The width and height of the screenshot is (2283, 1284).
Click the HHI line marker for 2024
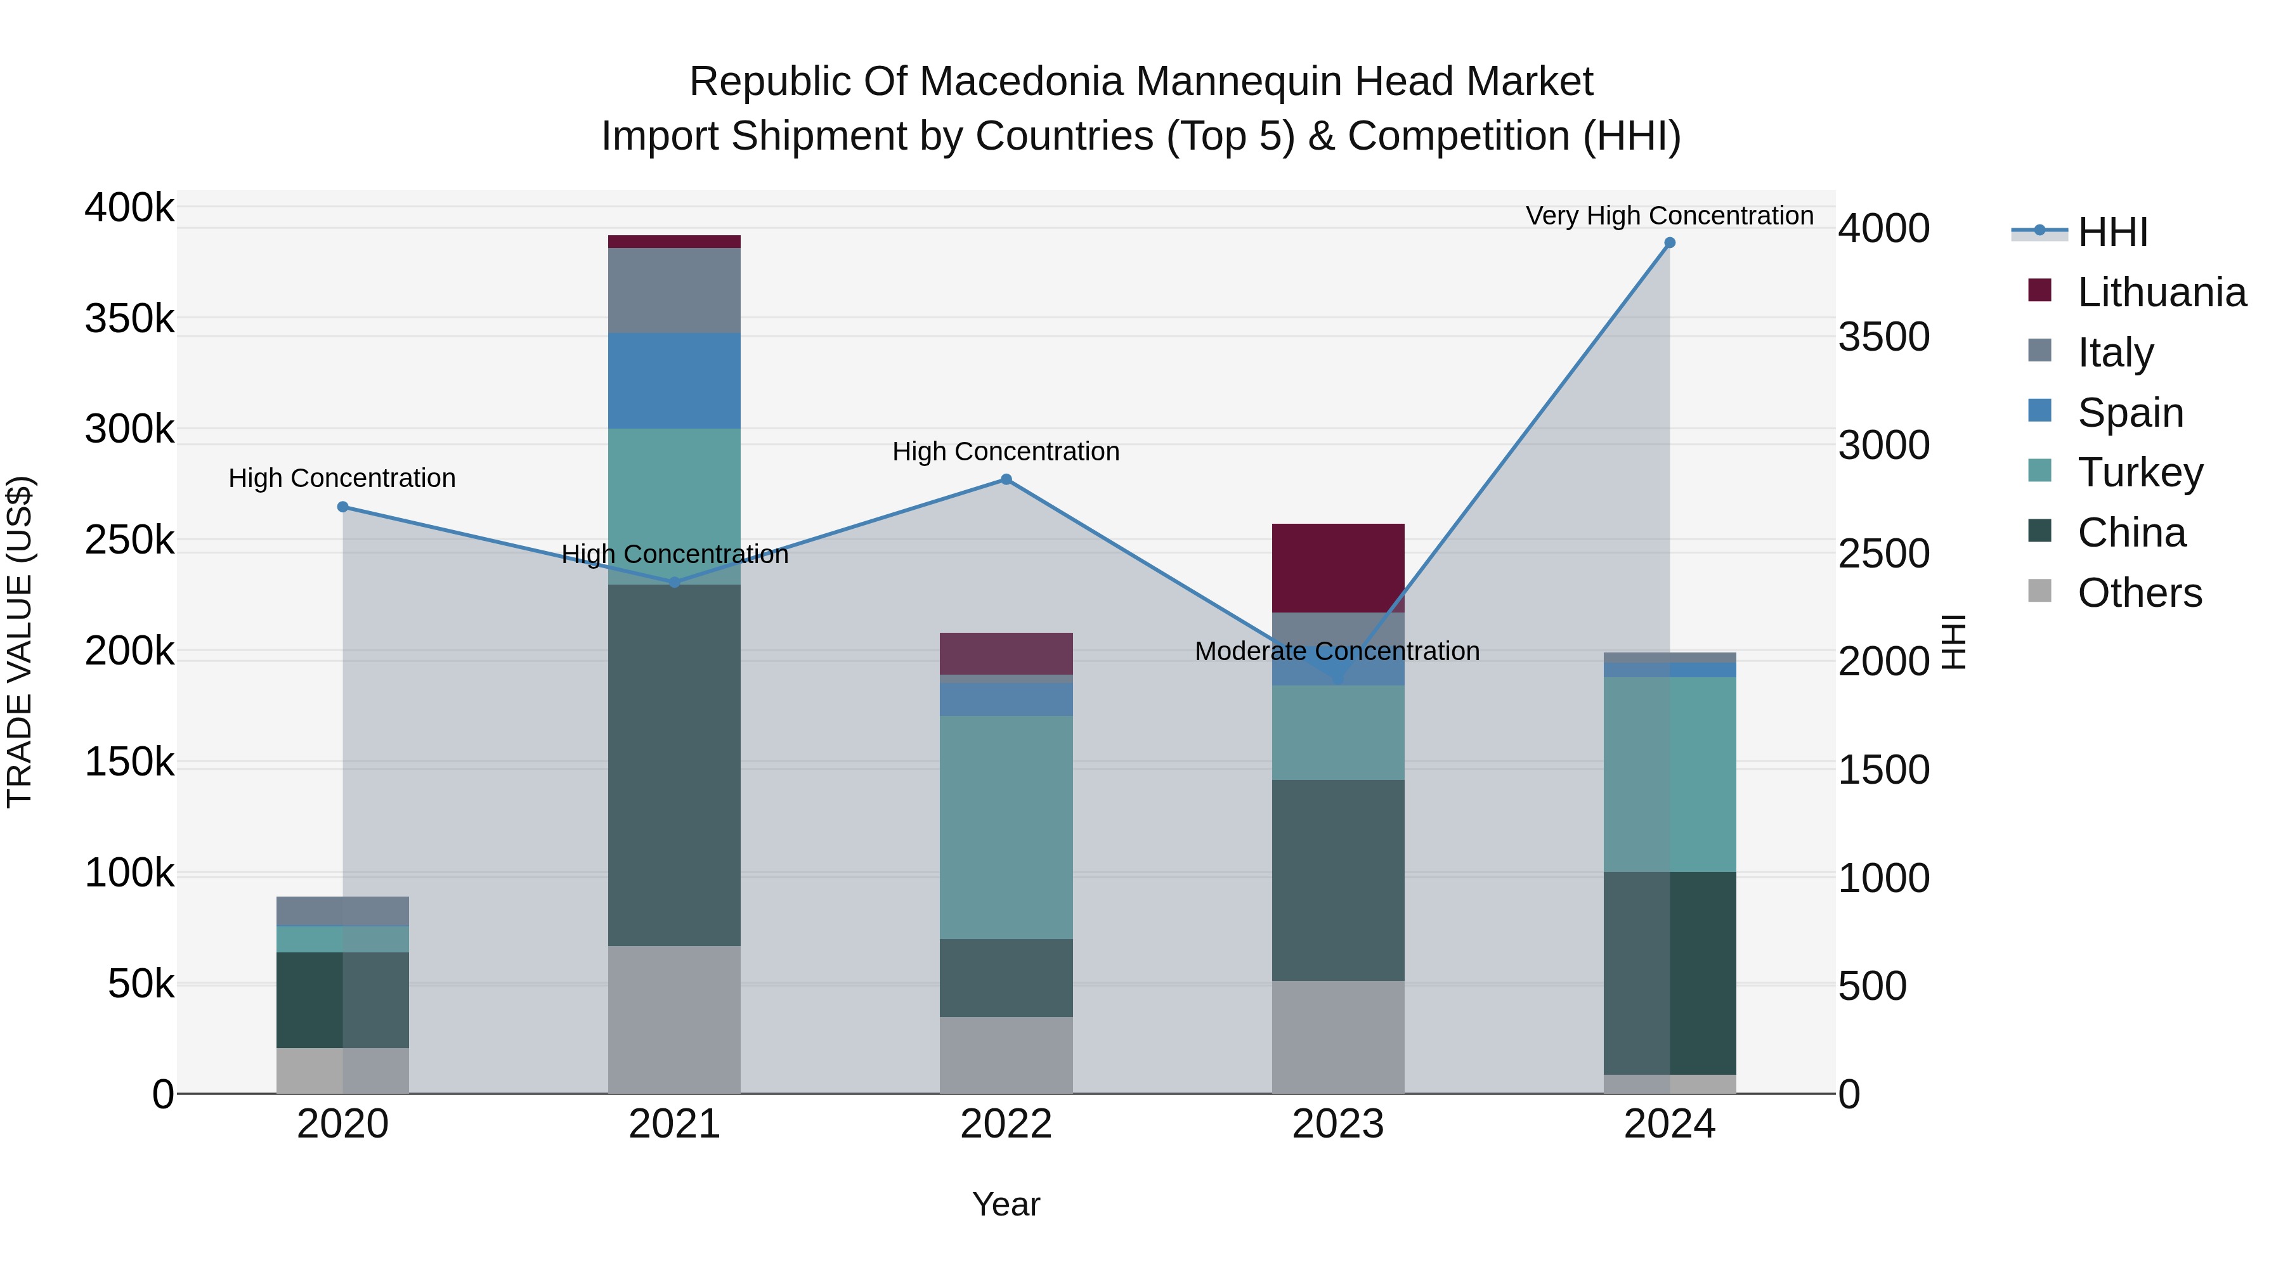1670,243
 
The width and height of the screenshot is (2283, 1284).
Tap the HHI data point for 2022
1006,479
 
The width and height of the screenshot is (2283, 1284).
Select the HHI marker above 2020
343,507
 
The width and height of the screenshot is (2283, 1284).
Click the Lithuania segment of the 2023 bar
1338,568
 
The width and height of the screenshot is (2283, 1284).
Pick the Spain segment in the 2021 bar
675,381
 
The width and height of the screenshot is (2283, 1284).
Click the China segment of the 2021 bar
675,765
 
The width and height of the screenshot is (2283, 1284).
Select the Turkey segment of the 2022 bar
1006,827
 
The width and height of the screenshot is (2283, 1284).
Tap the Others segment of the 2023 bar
1338,1037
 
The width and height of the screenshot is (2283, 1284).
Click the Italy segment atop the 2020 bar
343,911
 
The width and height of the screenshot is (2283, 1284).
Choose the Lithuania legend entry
2161,292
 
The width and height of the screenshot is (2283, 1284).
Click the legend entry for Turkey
2140,472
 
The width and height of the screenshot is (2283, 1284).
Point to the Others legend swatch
2039,591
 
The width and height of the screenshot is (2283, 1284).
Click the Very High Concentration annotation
1669,216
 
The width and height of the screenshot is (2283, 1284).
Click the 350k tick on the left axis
129,319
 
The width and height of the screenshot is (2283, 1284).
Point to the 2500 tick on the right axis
1883,554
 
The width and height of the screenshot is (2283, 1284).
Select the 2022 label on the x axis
1006,1124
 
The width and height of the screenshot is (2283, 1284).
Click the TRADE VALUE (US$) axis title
20,642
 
